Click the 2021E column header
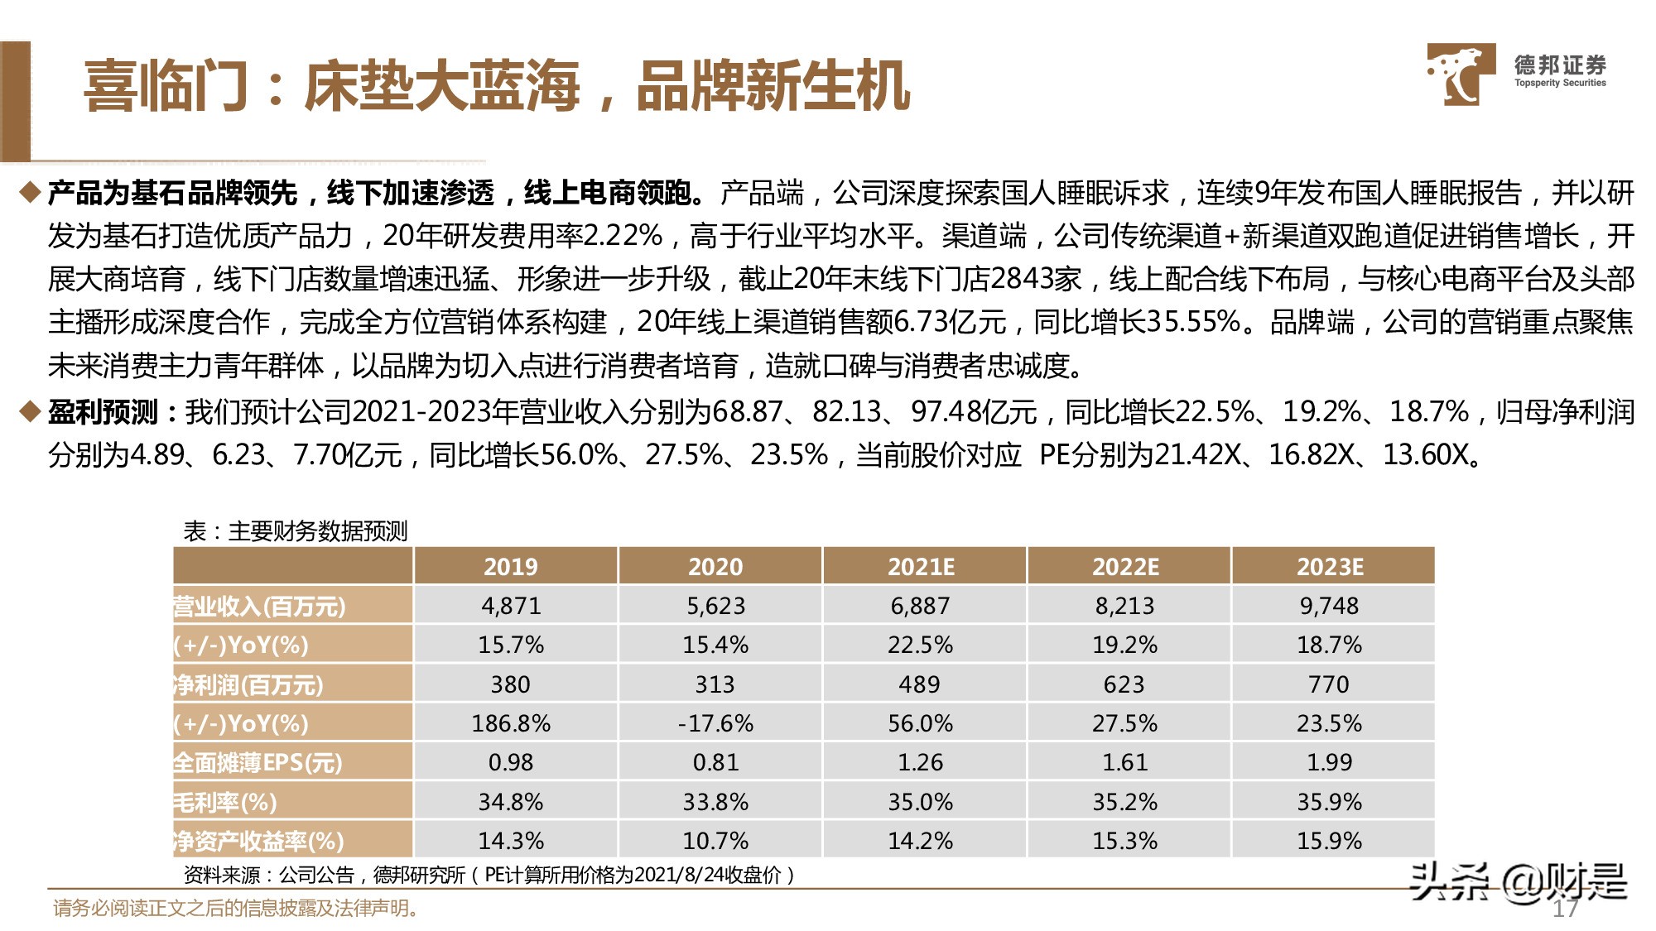point(921,567)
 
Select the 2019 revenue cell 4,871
point(511,606)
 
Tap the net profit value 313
point(715,684)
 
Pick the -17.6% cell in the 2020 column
point(715,723)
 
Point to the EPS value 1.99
point(1329,762)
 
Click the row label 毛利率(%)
point(225,802)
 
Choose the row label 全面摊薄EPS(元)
point(257,762)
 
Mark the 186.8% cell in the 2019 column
point(511,723)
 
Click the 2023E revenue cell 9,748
point(1329,606)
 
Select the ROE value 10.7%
point(715,841)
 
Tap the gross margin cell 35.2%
point(1124,802)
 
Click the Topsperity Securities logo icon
point(1460,74)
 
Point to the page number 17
point(1564,909)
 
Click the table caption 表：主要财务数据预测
point(296,531)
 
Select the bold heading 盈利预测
point(103,411)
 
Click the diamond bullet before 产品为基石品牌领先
point(30,194)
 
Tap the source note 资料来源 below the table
point(489,875)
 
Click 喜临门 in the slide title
point(166,86)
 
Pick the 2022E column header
point(1125,567)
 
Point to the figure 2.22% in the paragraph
point(623,237)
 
